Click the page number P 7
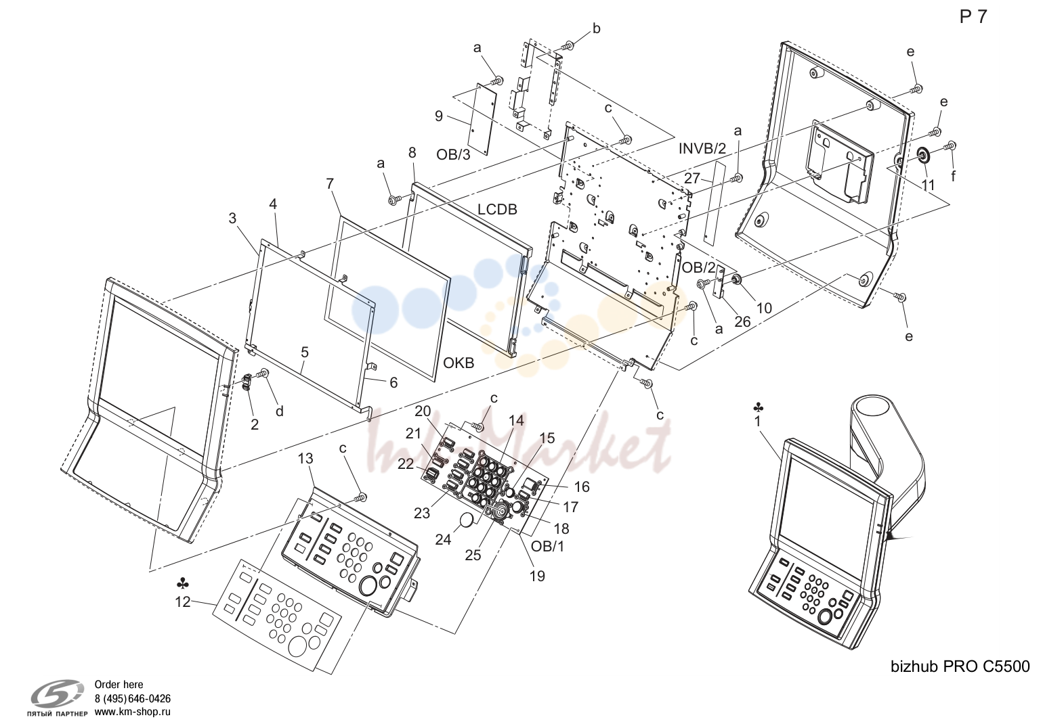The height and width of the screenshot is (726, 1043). pyautogui.click(x=973, y=17)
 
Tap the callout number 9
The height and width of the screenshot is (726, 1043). pyautogui.click(x=439, y=116)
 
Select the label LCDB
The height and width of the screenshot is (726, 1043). pyautogui.click(x=497, y=209)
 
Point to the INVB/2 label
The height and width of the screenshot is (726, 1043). pyautogui.click(x=702, y=148)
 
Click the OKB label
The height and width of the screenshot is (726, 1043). pyautogui.click(x=459, y=363)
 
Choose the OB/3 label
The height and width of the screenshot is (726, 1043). pyautogui.click(x=453, y=154)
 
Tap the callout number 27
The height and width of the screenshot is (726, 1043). pyautogui.click(x=692, y=178)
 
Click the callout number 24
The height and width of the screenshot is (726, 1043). pyautogui.click(x=443, y=539)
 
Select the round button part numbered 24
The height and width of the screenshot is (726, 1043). pyautogui.click(x=467, y=520)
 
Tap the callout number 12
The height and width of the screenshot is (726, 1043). pyautogui.click(x=183, y=602)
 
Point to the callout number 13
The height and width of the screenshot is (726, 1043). pyautogui.click(x=305, y=459)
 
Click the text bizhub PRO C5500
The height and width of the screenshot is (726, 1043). pyautogui.click(x=960, y=666)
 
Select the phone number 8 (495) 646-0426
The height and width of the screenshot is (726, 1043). pyautogui.click(x=133, y=698)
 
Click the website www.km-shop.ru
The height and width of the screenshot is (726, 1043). pyautogui.click(x=133, y=712)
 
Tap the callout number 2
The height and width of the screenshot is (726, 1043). pyautogui.click(x=254, y=424)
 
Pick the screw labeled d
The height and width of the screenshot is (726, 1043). pyautogui.click(x=265, y=373)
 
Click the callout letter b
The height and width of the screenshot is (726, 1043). pyautogui.click(x=597, y=28)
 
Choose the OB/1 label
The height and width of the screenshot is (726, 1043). pyautogui.click(x=547, y=547)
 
